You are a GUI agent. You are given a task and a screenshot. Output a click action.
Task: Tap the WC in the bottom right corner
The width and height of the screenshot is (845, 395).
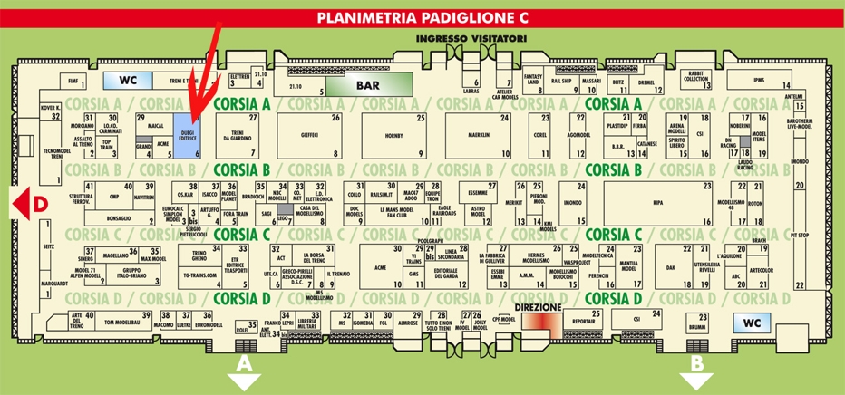click(753, 323)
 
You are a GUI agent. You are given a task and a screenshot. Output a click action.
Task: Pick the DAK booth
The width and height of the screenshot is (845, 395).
click(671, 267)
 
